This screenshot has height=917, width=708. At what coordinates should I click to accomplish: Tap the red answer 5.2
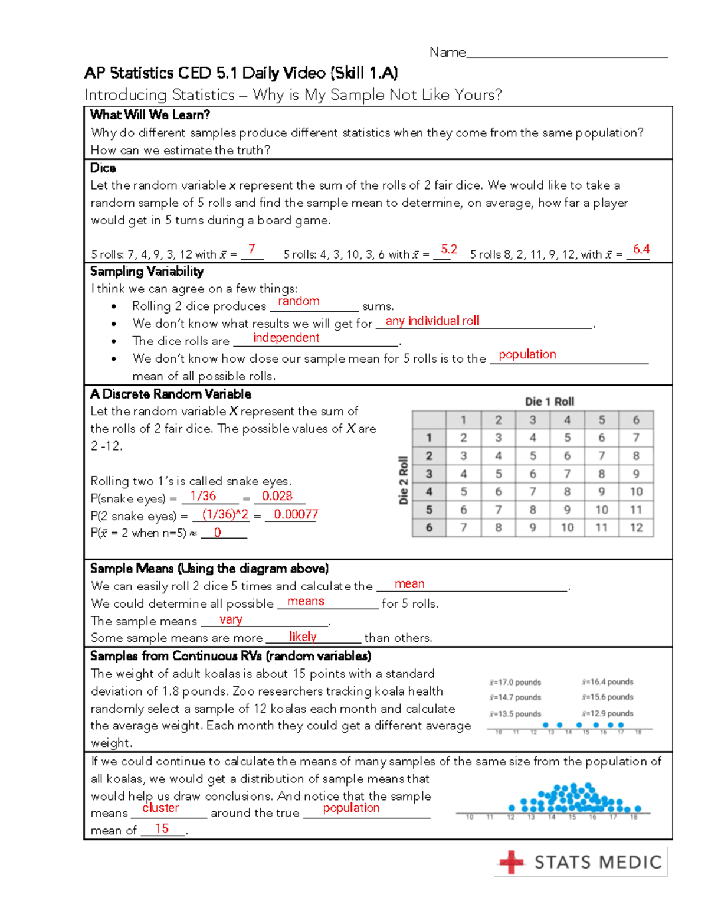(x=449, y=249)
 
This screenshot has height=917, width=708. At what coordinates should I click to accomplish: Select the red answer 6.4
(x=641, y=249)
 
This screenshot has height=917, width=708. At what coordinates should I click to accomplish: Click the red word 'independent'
(x=286, y=338)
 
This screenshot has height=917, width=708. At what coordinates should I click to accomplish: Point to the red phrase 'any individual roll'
(x=432, y=321)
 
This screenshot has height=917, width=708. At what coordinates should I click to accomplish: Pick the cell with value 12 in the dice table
(x=636, y=527)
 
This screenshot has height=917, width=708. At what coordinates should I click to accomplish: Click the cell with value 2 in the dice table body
(x=463, y=438)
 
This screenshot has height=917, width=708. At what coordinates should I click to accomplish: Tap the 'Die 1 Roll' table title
(x=549, y=402)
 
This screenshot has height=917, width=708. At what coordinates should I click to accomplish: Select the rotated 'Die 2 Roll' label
(x=404, y=480)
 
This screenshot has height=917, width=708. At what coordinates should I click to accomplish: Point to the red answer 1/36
(x=203, y=496)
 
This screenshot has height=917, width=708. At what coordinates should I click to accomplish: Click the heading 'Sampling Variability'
(x=147, y=272)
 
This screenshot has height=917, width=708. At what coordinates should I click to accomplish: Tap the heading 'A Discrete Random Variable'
(x=171, y=394)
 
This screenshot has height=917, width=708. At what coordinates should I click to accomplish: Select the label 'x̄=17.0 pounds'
(x=515, y=682)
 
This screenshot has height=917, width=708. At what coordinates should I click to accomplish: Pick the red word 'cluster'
(x=160, y=808)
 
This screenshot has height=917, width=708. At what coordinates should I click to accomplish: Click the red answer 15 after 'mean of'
(x=162, y=828)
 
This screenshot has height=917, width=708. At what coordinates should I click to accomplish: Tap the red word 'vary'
(x=231, y=619)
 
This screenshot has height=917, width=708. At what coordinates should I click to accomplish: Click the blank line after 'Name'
(x=566, y=53)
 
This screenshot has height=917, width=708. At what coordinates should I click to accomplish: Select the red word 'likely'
(x=303, y=637)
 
